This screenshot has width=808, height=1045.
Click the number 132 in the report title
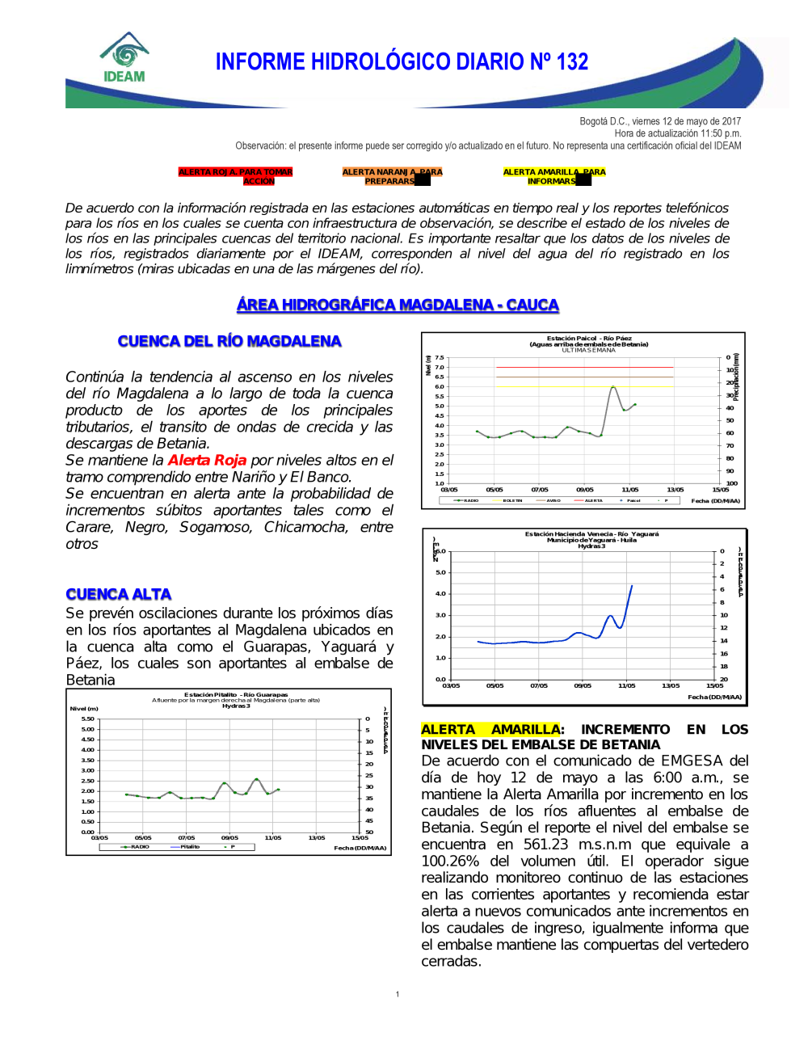pos(572,62)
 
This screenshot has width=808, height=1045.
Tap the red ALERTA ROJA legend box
pos(235,176)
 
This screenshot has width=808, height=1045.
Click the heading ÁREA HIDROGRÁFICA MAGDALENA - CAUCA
pos(398,305)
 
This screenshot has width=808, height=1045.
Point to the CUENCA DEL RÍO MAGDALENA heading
pos(229,341)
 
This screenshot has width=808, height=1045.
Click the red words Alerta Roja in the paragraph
pos(207,460)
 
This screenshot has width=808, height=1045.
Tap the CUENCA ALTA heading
pos(119,594)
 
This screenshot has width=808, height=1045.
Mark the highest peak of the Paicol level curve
pos(614,387)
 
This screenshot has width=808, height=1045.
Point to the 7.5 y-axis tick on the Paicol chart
pos(440,357)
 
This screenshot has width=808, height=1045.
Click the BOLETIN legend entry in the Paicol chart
pos(512,500)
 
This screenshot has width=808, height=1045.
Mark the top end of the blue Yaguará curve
pos(632,585)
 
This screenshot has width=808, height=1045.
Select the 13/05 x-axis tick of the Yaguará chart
pos(671,685)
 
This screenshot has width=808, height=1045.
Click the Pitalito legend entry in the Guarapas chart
pos(190,846)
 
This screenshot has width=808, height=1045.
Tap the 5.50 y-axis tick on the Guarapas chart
pos(87,718)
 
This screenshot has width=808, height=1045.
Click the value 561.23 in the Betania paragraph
pos(546,845)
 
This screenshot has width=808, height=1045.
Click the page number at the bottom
pos(398,994)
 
